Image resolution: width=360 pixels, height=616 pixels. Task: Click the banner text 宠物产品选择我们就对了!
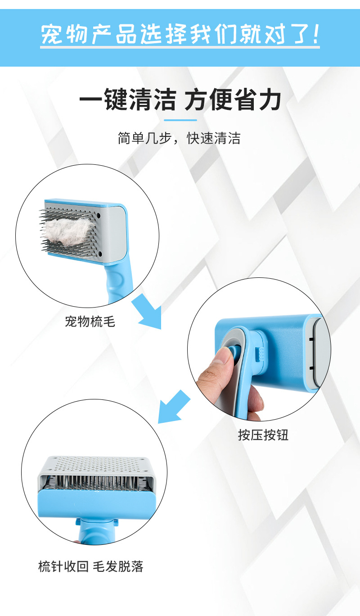[180, 35]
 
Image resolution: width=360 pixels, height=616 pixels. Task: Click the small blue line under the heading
[180, 120]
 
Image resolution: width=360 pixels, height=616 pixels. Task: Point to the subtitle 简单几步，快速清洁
[179, 138]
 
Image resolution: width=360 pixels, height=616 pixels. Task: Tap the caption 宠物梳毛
[90, 322]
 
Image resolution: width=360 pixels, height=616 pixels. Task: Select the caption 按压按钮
[263, 435]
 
